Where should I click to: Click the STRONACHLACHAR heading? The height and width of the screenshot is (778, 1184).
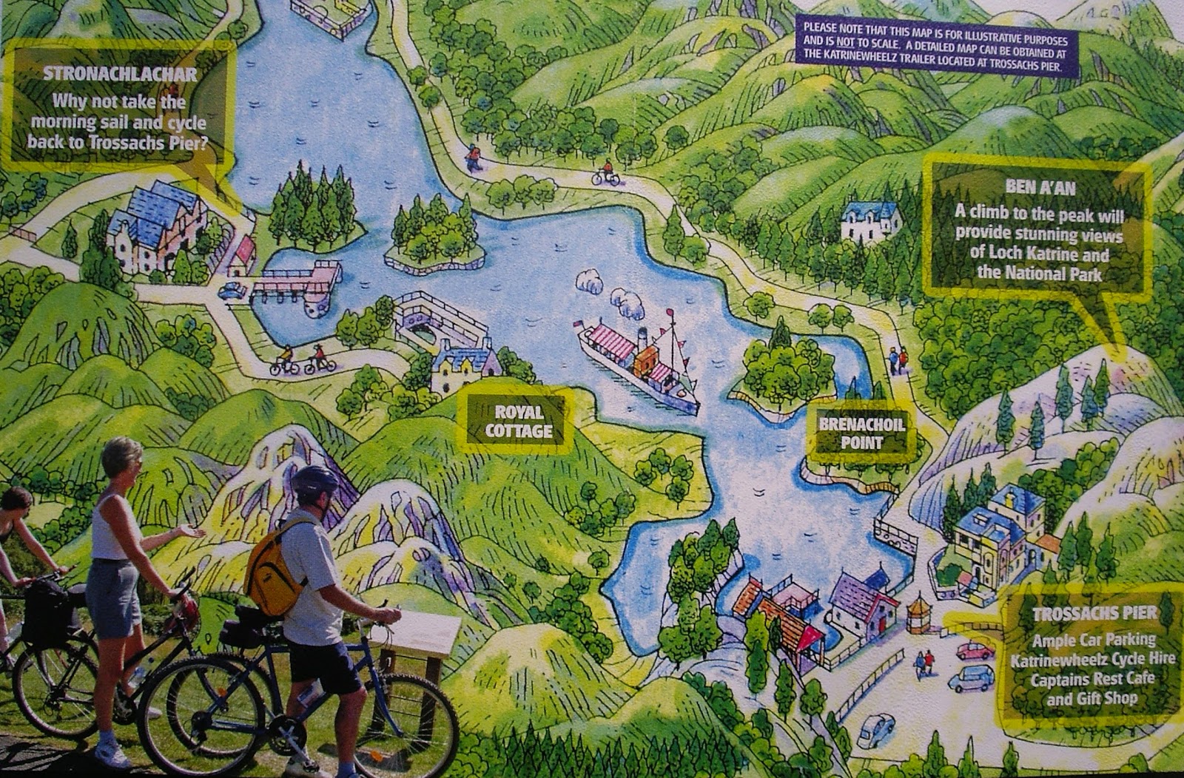120,74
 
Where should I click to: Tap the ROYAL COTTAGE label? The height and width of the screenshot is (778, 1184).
518,422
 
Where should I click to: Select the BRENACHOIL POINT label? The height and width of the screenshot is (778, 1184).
861,433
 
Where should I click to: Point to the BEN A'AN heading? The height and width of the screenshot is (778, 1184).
1040,187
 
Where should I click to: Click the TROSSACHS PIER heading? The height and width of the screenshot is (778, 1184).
1094,613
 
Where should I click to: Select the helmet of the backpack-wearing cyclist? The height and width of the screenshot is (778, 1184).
314,481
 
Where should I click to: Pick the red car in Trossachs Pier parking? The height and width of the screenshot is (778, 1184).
975,651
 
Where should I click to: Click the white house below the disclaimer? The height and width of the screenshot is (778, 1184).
871,221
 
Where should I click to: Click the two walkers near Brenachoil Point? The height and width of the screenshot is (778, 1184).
898,360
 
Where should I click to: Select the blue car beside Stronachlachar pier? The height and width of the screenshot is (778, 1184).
232,291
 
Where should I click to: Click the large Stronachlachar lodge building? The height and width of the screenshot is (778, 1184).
157,226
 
